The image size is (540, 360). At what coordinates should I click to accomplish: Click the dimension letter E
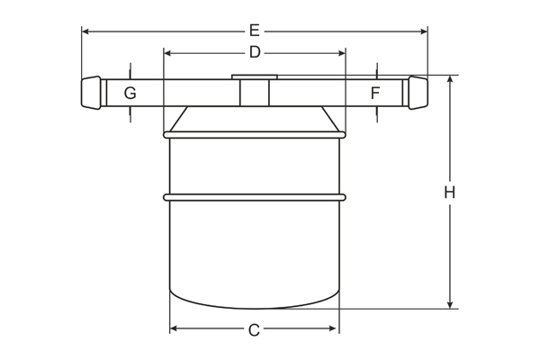(x=255, y=31)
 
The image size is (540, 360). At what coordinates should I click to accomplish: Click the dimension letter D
(x=255, y=53)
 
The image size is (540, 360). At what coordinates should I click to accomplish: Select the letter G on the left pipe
(x=130, y=93)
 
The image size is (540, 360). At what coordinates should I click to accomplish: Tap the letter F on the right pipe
(x=375, y=93)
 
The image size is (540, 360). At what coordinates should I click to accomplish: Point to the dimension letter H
(x=450, y=192)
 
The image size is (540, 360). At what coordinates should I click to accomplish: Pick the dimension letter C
(x=254, y=330)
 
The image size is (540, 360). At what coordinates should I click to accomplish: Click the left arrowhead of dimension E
(x=86, y=31)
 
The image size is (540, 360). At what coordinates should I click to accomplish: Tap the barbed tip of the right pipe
(x=418, y=93)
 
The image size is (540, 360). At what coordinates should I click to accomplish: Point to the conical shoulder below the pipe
(x=255, y=120)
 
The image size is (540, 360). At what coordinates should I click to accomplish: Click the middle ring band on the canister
(x=255, y=196)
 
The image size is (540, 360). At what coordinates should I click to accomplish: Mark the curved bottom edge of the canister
(x=255, y=305)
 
